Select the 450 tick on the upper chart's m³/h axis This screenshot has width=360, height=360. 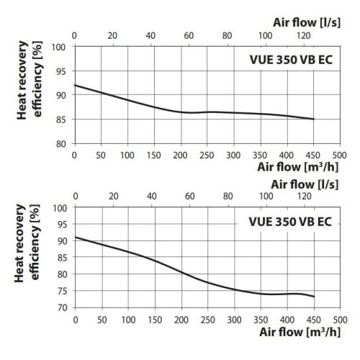coord(314,154)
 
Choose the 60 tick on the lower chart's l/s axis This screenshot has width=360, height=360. coord(187,196)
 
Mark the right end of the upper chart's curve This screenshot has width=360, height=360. coord(314,119)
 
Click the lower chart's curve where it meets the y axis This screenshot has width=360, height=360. coord(75,237)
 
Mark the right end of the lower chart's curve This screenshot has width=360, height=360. coord(314,297)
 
